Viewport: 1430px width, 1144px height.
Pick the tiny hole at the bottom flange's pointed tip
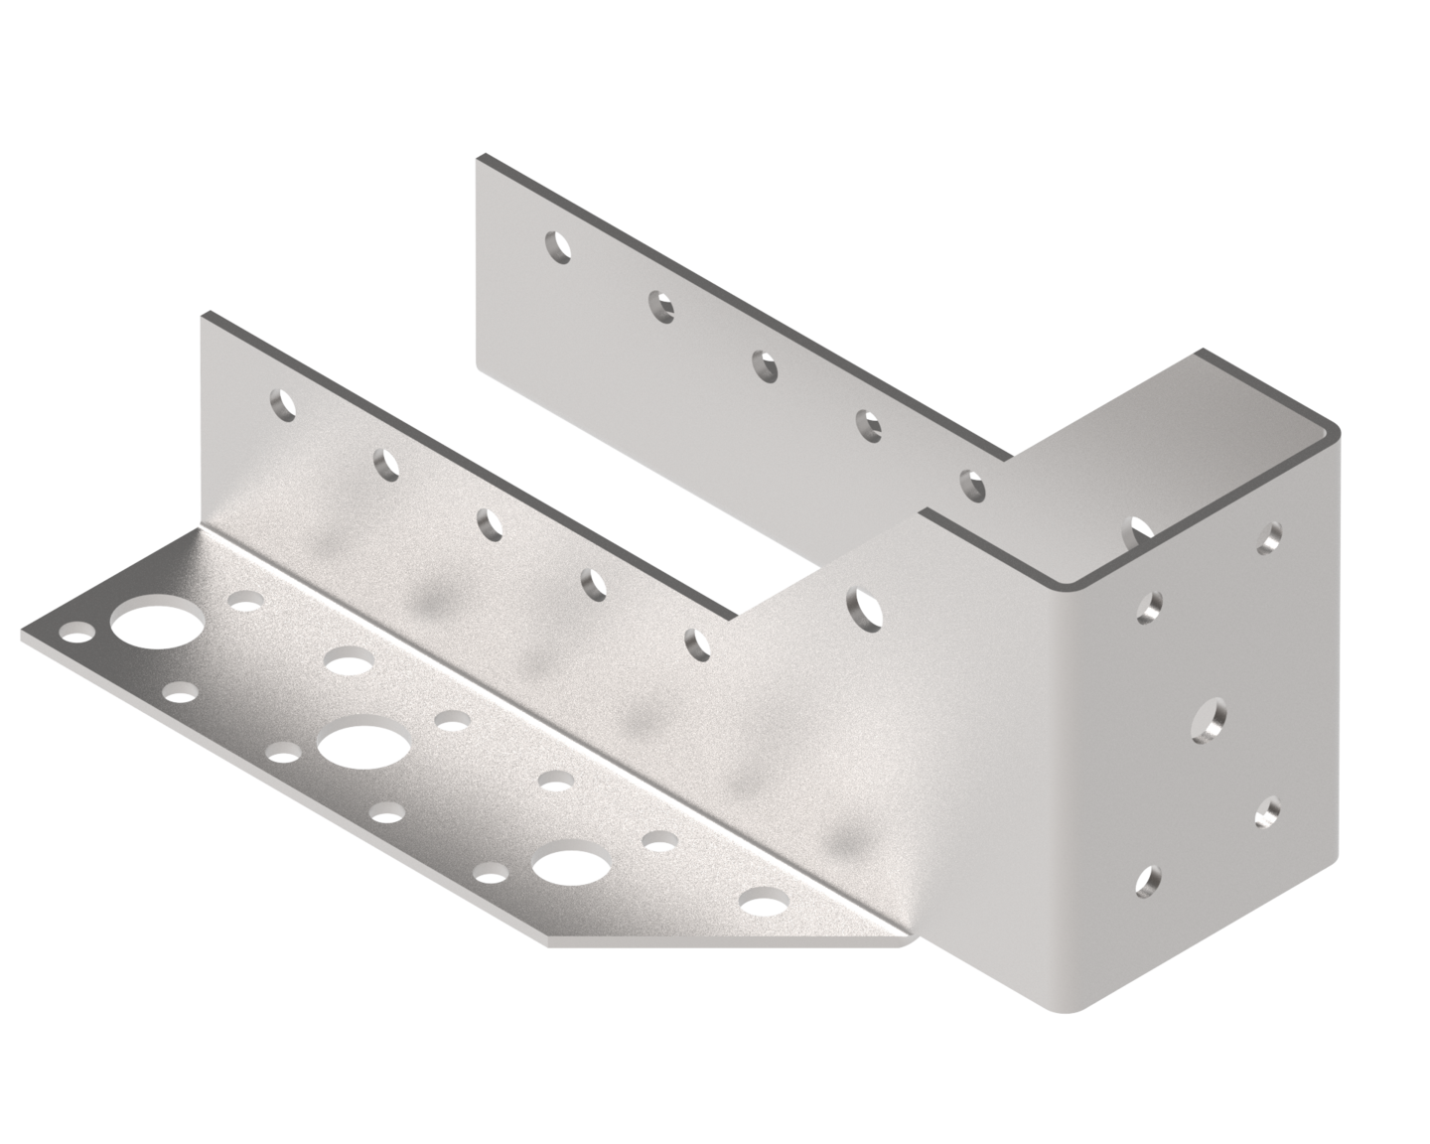point(75,632)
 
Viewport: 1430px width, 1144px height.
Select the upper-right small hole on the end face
point(1270,537)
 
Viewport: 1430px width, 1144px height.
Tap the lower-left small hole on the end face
point(1148,879)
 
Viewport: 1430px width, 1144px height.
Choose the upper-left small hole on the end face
point(1149,607)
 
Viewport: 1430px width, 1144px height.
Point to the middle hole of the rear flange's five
point(764,365)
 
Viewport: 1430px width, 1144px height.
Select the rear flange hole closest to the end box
point(973,486)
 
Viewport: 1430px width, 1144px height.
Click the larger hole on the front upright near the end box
point(864,608)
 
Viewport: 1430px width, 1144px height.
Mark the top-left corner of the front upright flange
point(204,316)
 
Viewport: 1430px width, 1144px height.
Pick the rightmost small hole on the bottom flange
point(763,904)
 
